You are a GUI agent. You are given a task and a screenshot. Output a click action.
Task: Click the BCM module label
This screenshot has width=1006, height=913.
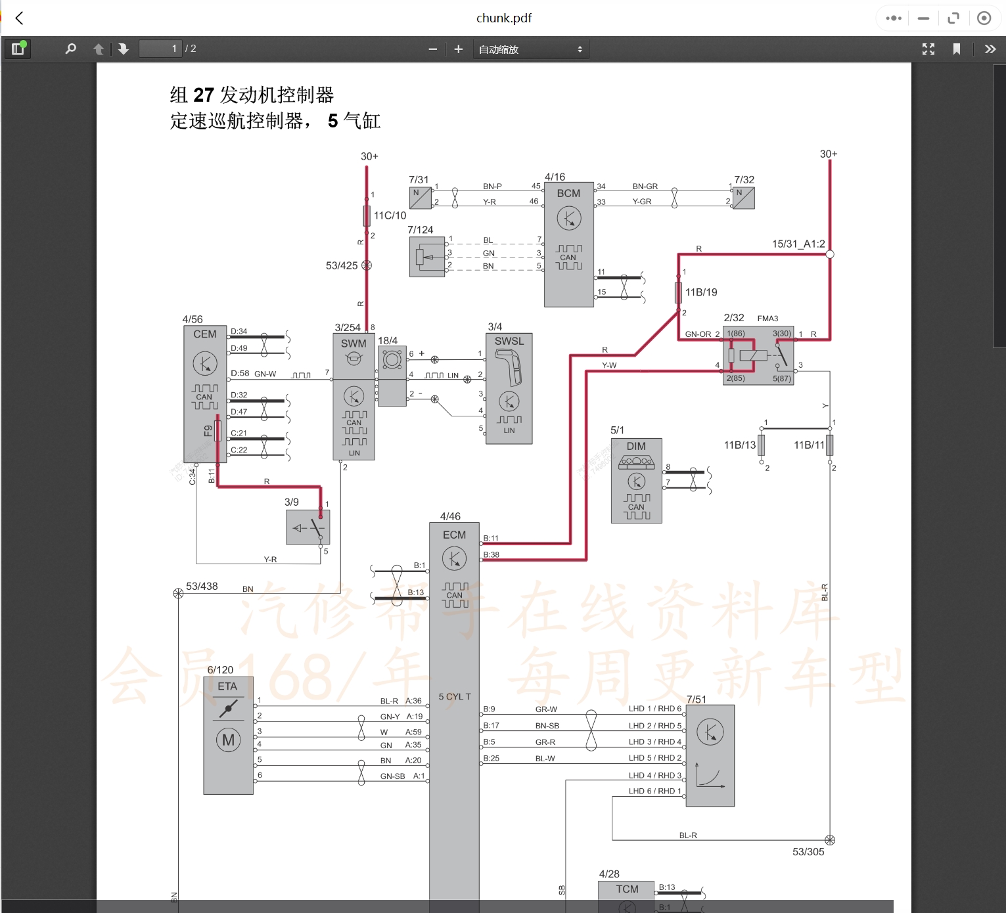click(568, 193)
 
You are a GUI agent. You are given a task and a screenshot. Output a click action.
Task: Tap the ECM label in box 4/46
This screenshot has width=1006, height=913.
click(454, 535)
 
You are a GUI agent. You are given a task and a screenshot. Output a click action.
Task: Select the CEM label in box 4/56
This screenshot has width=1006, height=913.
click(204, 334)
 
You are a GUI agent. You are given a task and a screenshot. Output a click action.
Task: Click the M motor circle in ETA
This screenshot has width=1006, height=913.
click(228, 740)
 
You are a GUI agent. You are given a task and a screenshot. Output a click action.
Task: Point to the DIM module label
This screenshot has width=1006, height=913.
click(635, 446)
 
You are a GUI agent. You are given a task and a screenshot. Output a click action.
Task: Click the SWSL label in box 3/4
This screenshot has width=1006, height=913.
click(509, 341)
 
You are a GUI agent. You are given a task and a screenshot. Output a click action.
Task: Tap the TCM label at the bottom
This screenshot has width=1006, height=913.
click(627, 889)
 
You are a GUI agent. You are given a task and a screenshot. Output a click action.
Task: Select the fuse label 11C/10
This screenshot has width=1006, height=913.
click(390, 215)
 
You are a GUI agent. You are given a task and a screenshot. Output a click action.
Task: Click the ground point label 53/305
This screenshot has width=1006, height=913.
click(808, 852)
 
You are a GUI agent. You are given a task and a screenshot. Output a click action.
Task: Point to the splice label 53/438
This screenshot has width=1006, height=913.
click(202, 586)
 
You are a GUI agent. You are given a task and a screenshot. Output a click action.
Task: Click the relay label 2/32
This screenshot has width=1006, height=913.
click(733, 317)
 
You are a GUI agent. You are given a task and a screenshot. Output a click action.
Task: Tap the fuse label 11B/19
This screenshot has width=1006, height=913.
click(701, 292)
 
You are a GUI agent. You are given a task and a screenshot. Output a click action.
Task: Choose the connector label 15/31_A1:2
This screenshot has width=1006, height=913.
click(798, 244)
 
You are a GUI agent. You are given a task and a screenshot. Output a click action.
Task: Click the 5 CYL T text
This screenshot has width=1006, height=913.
click(455, 696)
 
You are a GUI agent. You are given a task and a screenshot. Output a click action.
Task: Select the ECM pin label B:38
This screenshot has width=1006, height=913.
click(491, 554)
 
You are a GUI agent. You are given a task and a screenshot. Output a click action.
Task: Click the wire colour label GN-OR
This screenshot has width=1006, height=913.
click(698, 334)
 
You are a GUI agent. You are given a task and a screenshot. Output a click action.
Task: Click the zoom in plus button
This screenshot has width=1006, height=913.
click(458, 49)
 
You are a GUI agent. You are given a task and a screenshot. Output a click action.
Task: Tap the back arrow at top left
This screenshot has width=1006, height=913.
click(20, 18)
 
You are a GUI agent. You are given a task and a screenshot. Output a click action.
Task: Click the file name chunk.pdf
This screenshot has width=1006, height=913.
click(503, 18)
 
